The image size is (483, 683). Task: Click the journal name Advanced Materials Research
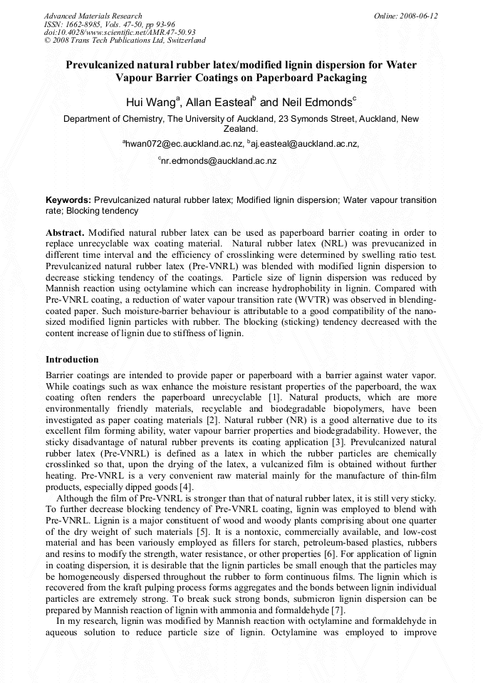[x=93, y=16]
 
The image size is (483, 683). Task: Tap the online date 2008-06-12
[x=418, y=16]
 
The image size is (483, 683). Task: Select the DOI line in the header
[x=119, y=32]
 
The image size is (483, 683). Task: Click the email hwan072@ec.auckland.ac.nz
[x=185, y=144]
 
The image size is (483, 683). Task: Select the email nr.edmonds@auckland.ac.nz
[x=219, y=162]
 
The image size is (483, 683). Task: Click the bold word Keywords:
[x=68, y=201]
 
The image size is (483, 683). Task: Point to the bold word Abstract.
[x=66, y=233]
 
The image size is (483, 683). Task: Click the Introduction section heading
[x=72, y=359]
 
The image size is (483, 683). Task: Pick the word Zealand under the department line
[x=241, y=130]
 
